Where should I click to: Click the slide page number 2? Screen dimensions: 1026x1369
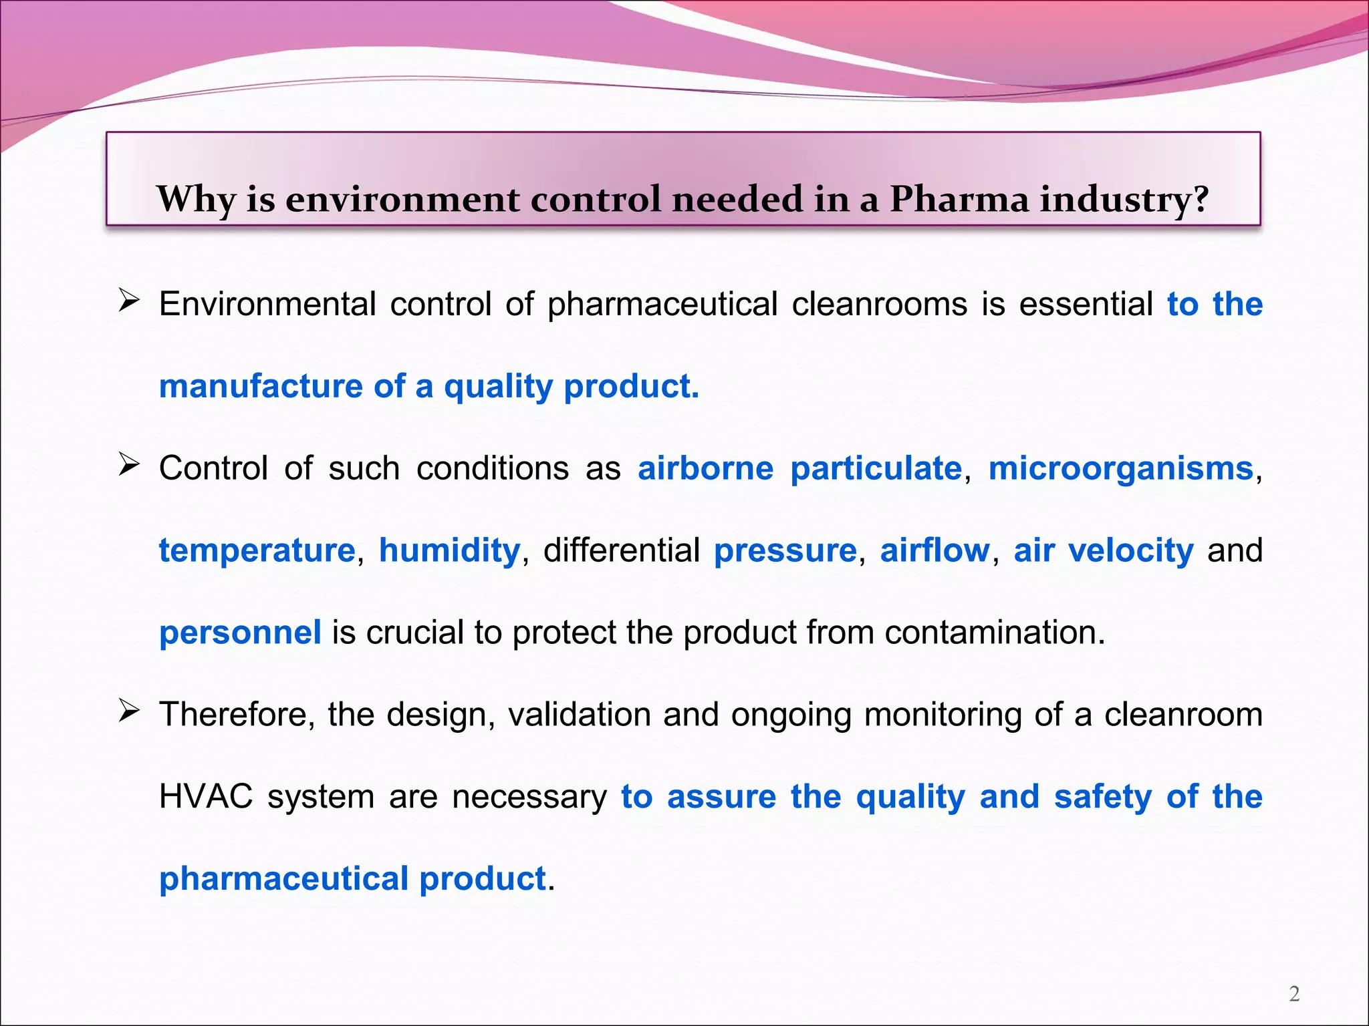(x=1294, y=994)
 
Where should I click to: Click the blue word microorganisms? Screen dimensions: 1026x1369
(x=1120, y=468)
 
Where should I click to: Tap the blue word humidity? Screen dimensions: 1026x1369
(x=449, y=550)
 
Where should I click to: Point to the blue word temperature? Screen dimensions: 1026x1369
(x=257, y=552)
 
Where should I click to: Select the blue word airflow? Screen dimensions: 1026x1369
(x=935, y=550)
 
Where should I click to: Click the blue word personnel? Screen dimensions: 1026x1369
(x=240, y=633)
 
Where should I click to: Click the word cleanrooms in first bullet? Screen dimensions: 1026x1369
(x=879, y=304)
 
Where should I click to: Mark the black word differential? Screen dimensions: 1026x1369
(x=621, y=550)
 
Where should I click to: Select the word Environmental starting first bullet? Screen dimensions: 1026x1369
(x=267, y=304)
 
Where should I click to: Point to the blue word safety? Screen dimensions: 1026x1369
(x=1103, y=798)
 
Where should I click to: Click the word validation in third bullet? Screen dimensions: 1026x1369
(x=578, y=714)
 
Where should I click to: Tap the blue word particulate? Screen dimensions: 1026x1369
(x=876, y=468)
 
